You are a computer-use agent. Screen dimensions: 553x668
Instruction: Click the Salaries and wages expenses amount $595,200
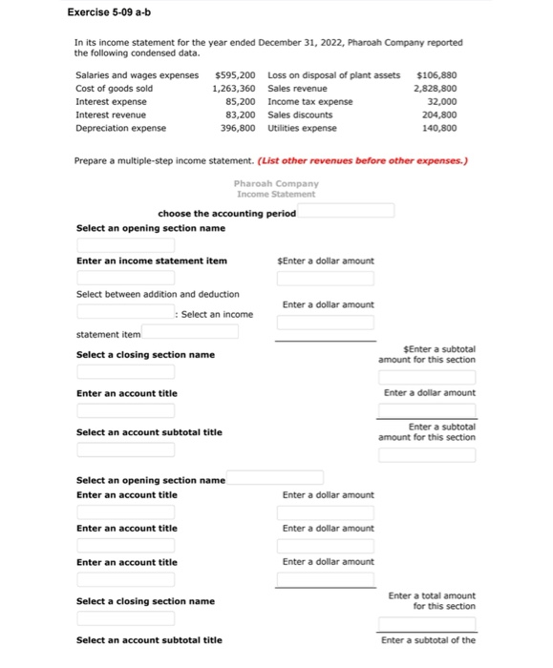[236, 74]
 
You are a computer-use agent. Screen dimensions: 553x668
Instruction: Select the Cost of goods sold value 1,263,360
[234, 88]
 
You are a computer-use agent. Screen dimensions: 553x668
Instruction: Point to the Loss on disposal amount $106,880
[437, 74]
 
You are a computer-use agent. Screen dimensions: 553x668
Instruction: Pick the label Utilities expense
[302, 127]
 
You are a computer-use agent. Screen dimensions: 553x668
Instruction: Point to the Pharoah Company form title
[276, 183]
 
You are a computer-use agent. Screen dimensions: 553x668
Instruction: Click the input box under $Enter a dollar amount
[325, 279]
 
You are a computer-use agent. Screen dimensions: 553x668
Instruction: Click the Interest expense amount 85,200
[239, 101]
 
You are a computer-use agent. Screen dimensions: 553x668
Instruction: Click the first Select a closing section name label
[145, 355]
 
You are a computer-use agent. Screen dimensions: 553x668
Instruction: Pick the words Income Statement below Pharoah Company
[276, 194]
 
